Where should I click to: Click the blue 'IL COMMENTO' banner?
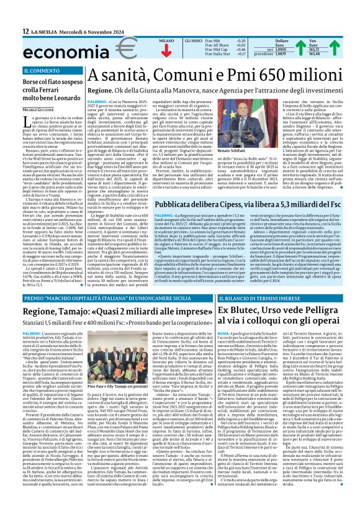[x=52, y=71]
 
